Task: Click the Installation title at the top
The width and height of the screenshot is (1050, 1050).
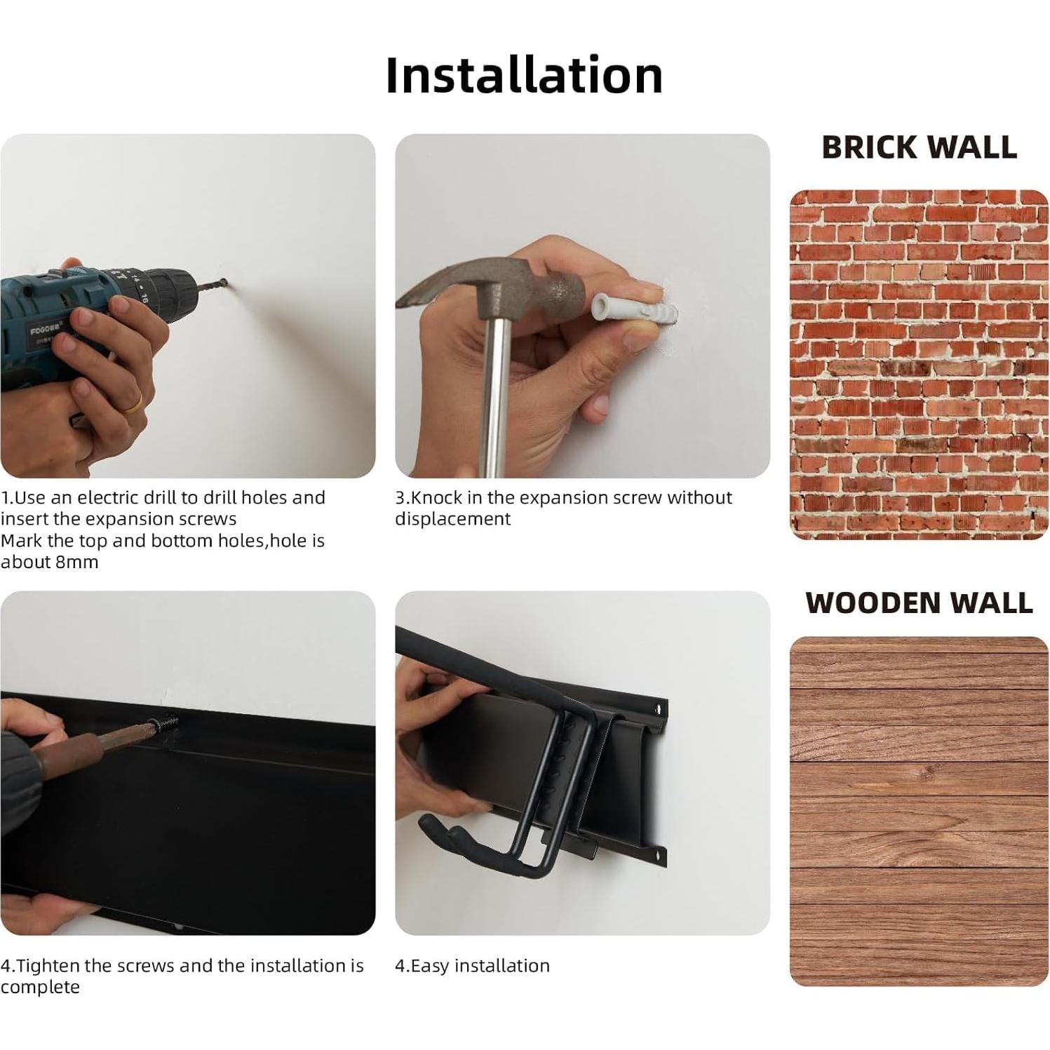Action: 524,75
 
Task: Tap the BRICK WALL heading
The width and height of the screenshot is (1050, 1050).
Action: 919,147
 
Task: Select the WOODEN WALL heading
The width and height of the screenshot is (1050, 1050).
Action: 919,603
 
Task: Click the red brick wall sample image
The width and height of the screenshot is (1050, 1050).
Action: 919,365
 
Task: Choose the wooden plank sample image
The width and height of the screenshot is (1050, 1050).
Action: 919,812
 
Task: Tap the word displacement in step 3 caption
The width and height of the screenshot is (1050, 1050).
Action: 452,519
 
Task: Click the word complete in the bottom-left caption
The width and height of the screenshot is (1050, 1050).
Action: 40,988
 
